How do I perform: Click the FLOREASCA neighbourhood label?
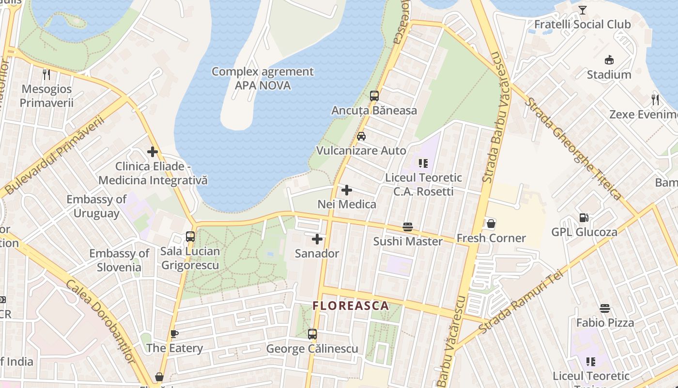(351, 306)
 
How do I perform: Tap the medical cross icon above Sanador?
(317, 239)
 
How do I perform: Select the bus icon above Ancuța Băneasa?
(374, 96)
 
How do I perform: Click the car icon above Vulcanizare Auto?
(361, 136)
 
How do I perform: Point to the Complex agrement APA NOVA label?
(262, 79)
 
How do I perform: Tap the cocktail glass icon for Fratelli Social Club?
(582, 10)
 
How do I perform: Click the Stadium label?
(609, 75)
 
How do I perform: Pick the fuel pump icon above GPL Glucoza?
(584, 218)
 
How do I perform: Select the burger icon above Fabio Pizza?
(604, 308)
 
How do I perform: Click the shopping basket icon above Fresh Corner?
(491, 224)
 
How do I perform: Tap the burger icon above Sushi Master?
(408, 227)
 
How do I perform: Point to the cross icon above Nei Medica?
(347, 190)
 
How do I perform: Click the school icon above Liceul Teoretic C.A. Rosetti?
(423, 163)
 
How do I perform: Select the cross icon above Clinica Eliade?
(153, 152)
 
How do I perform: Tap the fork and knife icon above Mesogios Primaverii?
(46, 75)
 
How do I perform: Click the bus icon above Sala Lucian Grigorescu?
(190, 237)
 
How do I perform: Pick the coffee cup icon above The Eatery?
(174, 334)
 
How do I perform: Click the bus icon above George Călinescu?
(312, 334)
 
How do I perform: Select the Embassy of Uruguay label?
(96, 206)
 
